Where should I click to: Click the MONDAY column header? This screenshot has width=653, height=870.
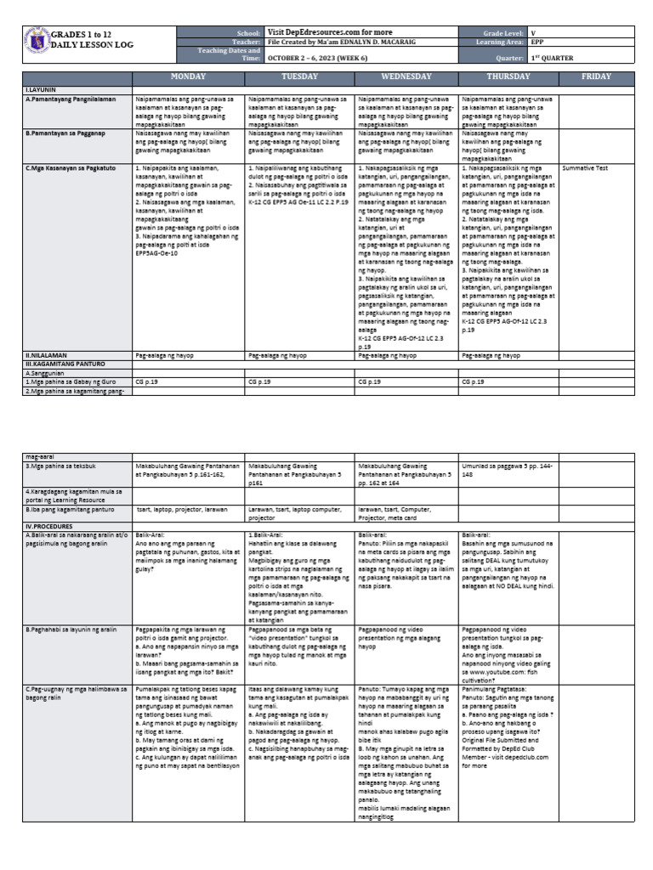click(188, 76)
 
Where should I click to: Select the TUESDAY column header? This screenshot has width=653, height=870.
click(299, 76)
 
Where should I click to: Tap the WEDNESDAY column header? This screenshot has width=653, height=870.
click(406, 76)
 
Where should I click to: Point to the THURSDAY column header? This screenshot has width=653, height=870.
click(508, 76)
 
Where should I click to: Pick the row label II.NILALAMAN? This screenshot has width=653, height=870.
click(48, 356)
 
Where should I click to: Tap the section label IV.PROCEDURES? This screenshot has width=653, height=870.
click(50, 526)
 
